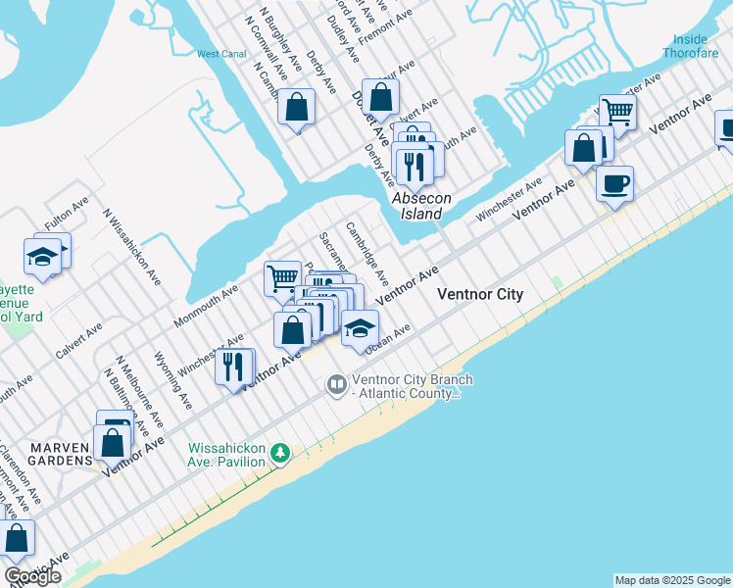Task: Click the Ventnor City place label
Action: click(480, 294)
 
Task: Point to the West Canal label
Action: click(221, 54)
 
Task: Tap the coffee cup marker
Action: click(614, 183)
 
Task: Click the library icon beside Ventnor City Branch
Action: click(337, 383)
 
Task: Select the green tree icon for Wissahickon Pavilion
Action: click(281, 453)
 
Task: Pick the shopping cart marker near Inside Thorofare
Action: click(618, 112)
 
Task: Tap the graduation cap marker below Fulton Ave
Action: click(42, 258)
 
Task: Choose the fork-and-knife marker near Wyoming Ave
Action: click(232, 367)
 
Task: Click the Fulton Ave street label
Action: click(67, 214)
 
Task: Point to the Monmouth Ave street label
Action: click(206, 306)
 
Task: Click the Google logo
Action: click(32, 576)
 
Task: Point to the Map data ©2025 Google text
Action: click(672, 580)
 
